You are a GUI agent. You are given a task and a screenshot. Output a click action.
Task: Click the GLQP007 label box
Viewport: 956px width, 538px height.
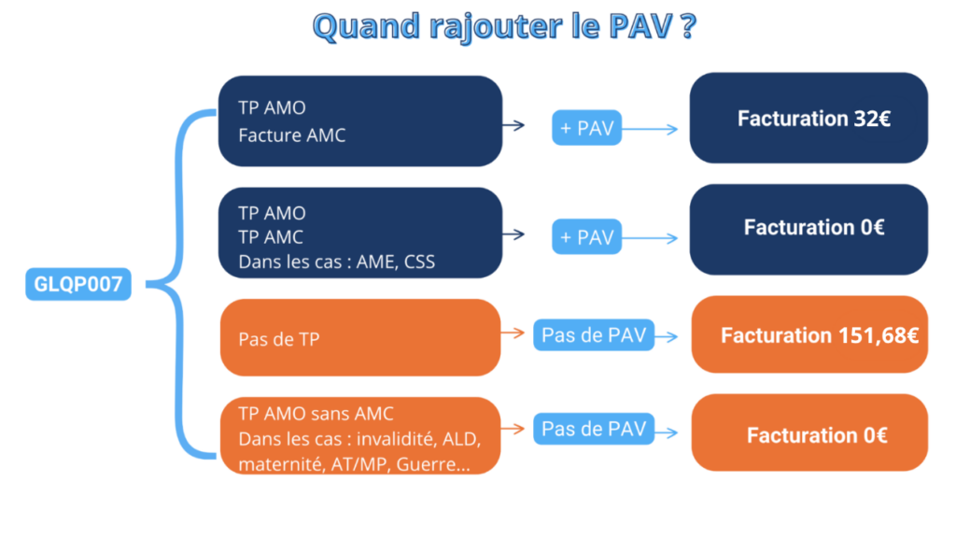(x=77, y=285)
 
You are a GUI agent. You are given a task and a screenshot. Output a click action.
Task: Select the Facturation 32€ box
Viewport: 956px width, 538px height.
(x=808, y=119)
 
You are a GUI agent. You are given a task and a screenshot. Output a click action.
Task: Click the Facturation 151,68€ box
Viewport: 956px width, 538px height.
(x=809, y=334)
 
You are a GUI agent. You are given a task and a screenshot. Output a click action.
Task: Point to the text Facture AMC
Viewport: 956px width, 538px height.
(x=291, y=135)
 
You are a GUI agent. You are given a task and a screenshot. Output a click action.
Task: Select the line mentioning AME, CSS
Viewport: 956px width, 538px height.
(x=336, y=262)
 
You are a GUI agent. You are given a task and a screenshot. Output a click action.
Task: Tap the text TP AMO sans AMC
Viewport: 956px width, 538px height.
(x=316, y=414)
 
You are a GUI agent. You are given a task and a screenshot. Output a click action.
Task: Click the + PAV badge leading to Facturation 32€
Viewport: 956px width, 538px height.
(x=586, y=128)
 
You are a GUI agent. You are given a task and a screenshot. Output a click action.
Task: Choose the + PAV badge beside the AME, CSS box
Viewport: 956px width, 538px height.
(x=586, y=237)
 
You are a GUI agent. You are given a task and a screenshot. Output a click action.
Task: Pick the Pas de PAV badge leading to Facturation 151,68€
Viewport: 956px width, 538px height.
(x=594, y=335)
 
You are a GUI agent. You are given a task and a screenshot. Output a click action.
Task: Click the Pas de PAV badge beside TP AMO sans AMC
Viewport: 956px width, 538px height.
(x=594, y=430)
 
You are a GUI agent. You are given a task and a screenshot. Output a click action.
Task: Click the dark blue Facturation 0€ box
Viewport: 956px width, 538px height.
(x=808, y=228)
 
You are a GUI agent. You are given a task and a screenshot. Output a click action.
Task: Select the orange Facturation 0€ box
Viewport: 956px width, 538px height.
(x=809, y=434)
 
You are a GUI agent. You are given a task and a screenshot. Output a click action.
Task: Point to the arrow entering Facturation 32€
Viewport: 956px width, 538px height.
(x=654, y=129)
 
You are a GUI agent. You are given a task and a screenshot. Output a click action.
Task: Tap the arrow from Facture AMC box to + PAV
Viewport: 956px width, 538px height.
(x=514, y=123)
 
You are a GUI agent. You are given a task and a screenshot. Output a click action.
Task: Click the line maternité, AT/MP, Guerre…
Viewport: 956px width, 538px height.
(x=354, y=464)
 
